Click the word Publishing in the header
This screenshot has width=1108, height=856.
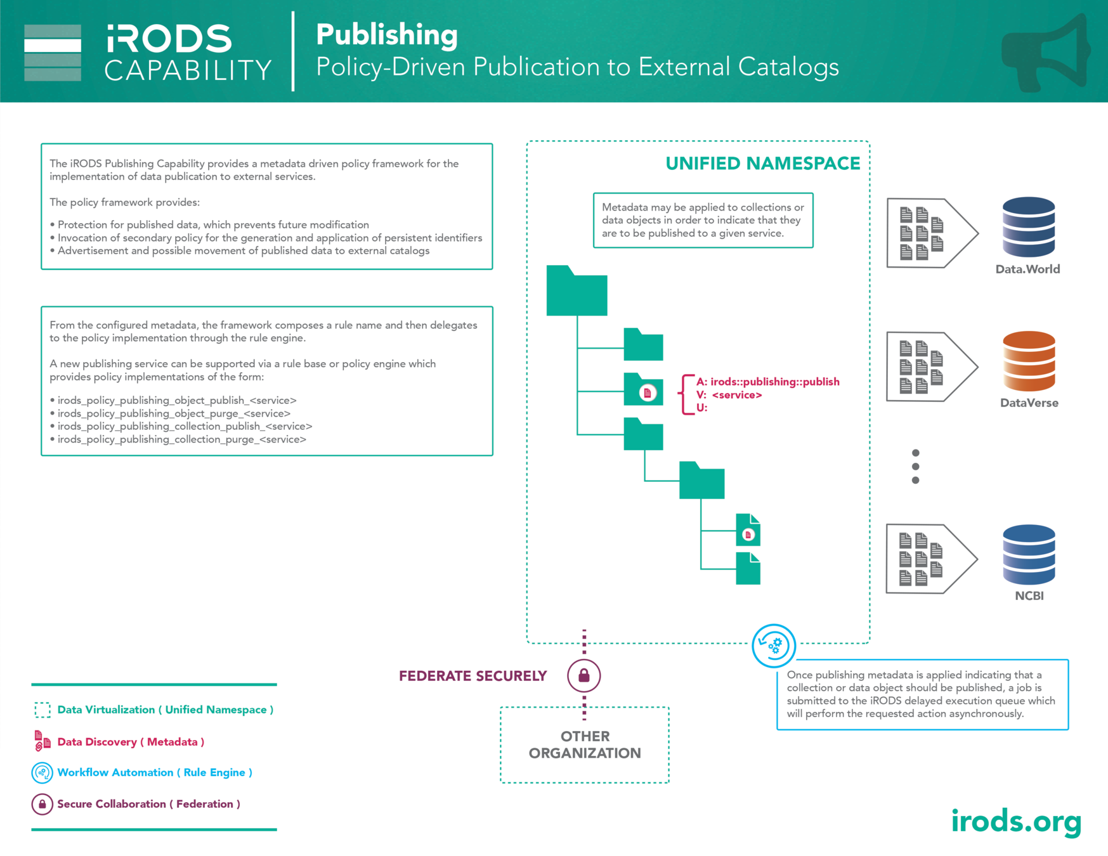click(387, 35)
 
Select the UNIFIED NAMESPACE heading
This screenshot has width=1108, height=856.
click(762, 164)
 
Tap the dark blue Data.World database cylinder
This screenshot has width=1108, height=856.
click(1028, 227)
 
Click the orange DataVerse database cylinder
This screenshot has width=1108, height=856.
click(1028, 361)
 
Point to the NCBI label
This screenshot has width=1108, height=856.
click(1029, 596)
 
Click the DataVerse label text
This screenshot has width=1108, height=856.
click(1029, 403)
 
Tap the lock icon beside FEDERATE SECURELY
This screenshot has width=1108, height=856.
click(584, 675)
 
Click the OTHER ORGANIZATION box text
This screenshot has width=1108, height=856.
click(585, 745)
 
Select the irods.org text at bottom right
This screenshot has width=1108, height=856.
click(1016, 822)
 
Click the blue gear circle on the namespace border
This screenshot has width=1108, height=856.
click(774, 646)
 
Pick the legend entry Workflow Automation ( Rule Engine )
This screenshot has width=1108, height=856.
click(155, 772)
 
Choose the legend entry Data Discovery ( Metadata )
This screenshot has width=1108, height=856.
click(131, 742)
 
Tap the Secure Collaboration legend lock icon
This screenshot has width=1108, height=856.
click(42, 804)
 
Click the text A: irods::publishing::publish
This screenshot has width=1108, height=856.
click(767, 382)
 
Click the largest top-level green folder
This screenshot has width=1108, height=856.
click(577, 292)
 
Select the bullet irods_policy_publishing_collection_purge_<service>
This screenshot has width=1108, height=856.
click(181, 439)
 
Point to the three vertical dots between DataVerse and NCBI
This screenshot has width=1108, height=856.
click(915, 467)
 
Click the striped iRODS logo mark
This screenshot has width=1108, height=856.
click(53, 53)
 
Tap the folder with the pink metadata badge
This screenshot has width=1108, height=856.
click(643, 390)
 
